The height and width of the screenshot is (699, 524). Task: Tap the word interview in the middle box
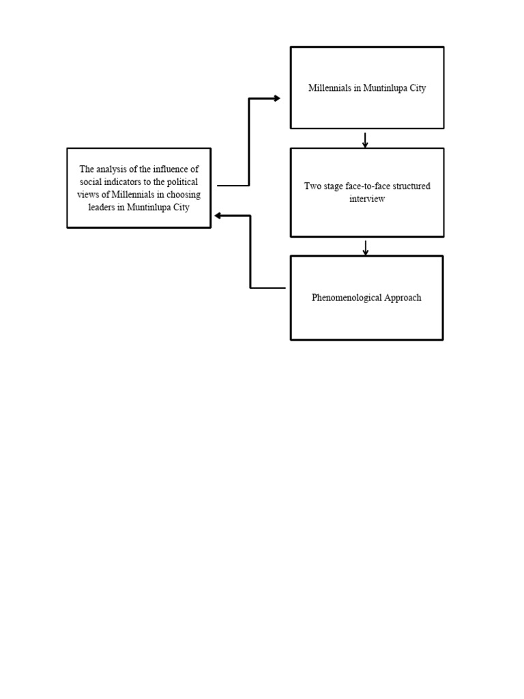click(367, 199)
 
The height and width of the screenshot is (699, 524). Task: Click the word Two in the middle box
click(312, 186)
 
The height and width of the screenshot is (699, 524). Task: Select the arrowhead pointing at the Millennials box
click(276, 98)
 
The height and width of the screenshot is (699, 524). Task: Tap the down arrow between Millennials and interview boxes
click(366, 141)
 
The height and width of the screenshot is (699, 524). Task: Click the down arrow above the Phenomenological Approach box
click(366, 248)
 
